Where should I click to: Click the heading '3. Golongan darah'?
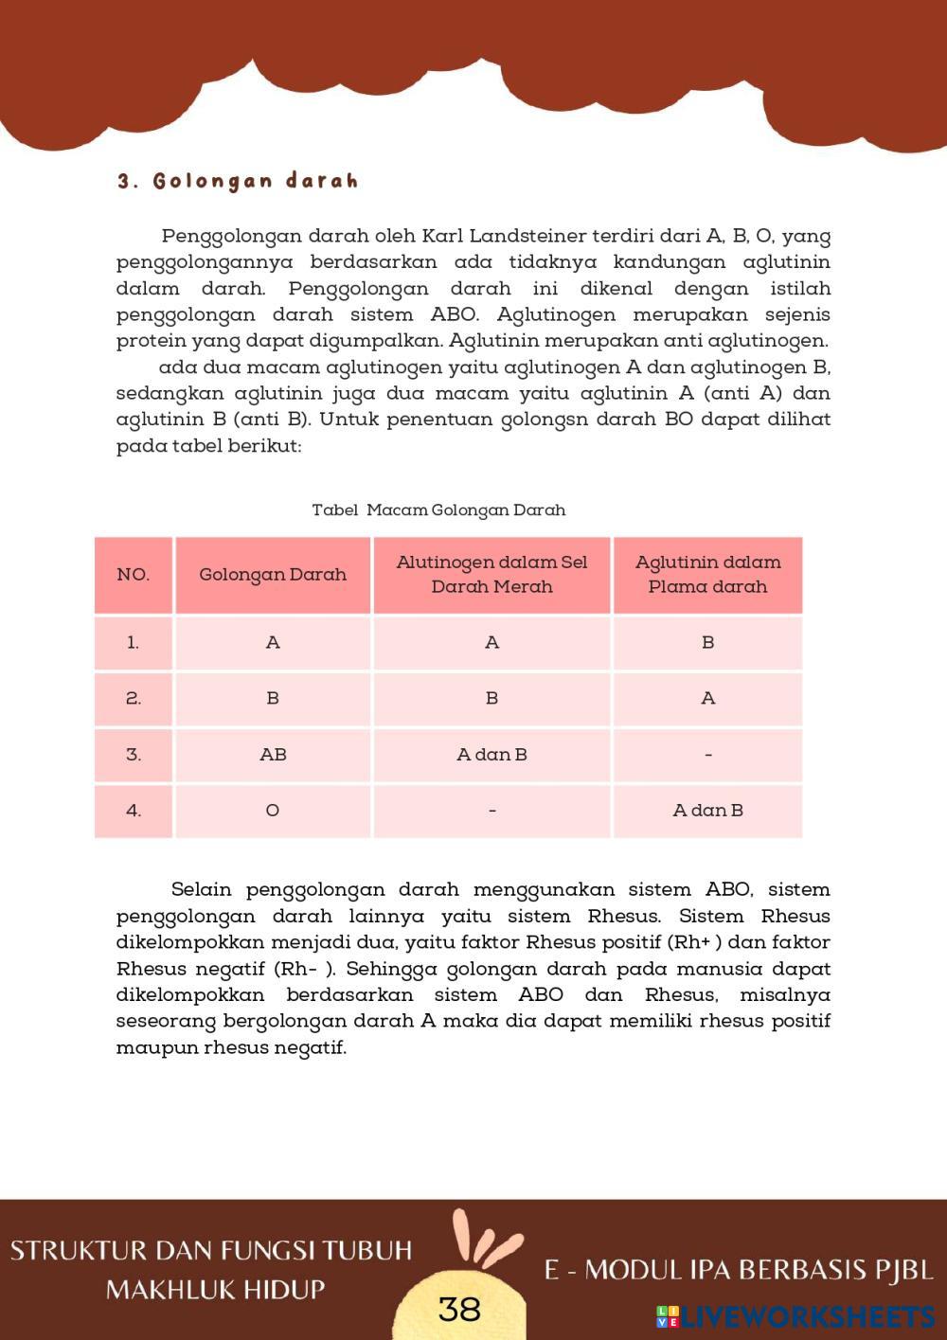[238, 181]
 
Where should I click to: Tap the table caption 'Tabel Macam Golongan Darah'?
[438, 509]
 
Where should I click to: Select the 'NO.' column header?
[134, 575]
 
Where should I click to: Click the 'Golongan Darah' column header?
[273, 575]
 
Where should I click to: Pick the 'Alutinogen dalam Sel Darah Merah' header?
[491, 575]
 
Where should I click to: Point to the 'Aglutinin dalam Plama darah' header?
[707, 575]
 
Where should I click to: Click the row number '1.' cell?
[134, 643]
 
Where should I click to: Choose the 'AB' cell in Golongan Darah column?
[273, 755]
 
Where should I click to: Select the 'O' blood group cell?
[273, 811]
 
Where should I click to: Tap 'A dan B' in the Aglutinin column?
[707, 811]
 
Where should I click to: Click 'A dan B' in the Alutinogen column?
[491, 755]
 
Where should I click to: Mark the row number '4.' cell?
[134, 811]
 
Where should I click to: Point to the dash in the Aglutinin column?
[707, 755]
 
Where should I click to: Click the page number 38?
[460, 1309]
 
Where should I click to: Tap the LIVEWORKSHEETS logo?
[795, 1316]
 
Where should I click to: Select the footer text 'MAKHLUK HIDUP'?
[215, 1290]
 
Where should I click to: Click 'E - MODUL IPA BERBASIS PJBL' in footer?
[739, 1270]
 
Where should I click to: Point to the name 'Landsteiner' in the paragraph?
[527, 236]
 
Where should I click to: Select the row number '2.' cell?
[134, 699]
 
